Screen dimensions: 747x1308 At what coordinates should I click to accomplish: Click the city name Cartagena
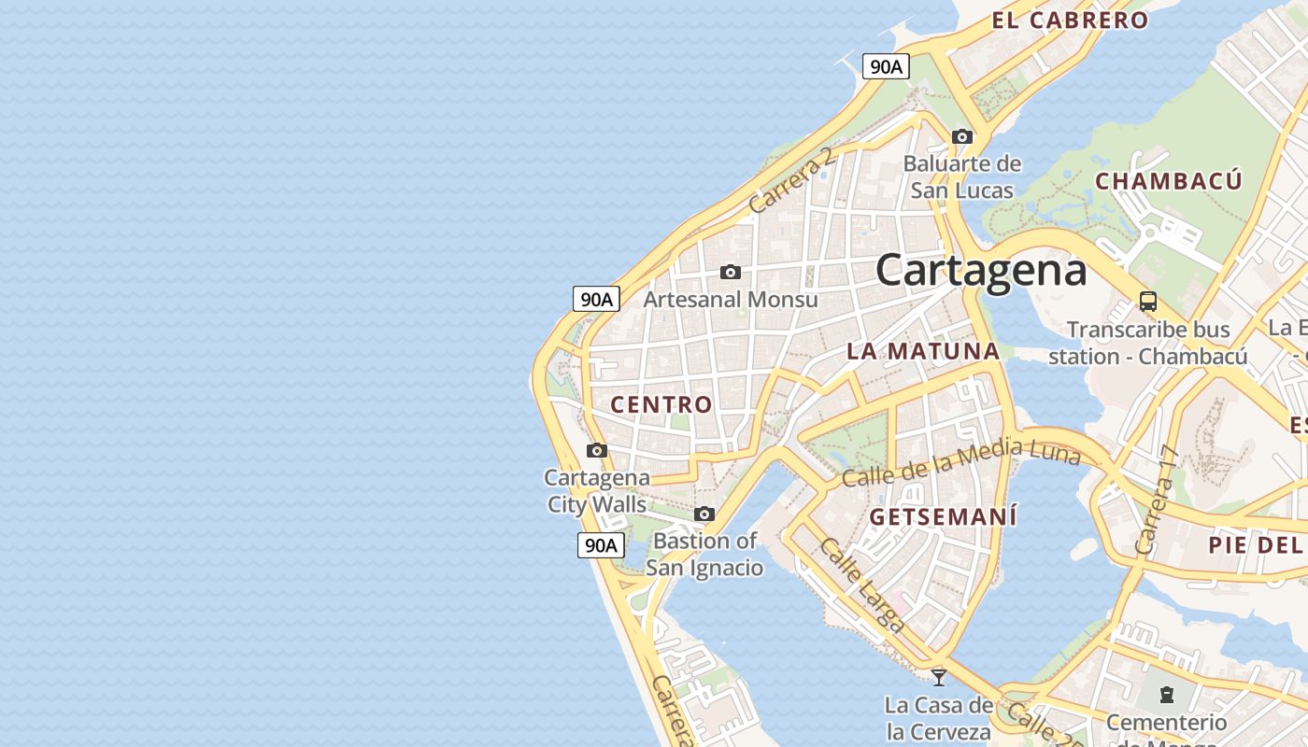981,271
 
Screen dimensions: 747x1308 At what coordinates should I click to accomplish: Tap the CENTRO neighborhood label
661,404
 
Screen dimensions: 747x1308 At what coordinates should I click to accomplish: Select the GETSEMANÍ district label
943,516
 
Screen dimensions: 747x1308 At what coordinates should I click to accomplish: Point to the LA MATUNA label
923,351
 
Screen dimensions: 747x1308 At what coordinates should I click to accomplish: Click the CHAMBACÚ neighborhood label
1169,181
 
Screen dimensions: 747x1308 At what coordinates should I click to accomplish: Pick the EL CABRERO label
1070,20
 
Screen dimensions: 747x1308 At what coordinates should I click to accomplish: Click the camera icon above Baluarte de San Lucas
961,136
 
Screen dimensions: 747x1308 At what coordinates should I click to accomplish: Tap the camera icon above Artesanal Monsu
731,272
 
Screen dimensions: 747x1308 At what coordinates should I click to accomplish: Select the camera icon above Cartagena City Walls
596,451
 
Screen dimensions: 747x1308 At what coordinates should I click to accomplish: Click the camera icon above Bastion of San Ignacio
704,514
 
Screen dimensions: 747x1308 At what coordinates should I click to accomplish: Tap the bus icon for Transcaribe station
1147,302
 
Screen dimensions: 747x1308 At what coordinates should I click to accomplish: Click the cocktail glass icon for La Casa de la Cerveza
939,677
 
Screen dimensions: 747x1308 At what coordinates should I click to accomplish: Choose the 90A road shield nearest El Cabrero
886,66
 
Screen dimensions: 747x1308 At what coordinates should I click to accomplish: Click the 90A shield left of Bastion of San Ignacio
600,545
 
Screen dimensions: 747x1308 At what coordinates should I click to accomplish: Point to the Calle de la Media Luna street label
960,464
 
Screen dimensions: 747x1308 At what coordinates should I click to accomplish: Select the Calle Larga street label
861,585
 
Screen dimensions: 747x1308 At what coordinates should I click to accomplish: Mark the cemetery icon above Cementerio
1166,694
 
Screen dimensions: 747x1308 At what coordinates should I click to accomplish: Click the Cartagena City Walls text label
597,491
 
